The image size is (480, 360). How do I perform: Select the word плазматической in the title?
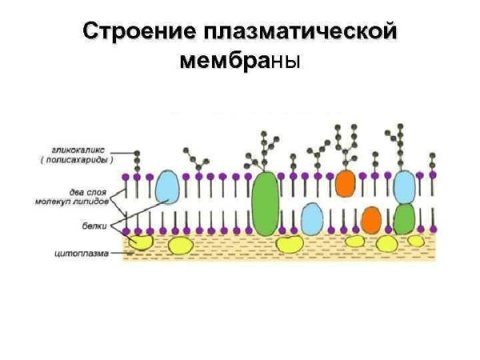(300, 33)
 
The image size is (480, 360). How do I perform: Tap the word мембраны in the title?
(240, 61)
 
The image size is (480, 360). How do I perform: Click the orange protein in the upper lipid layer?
(345, 183)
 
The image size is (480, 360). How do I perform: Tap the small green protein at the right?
(404, 218)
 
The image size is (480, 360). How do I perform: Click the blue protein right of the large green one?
(311, 218)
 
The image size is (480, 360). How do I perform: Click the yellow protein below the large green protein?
(288, 243)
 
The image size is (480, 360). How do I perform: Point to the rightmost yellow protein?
(416, 240)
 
